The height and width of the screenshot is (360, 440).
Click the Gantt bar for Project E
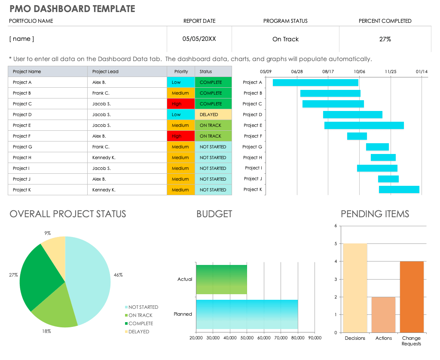(364, 126)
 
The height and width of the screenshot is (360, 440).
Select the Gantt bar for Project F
(357, 136)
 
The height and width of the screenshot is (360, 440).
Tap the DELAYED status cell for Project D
(213, 115)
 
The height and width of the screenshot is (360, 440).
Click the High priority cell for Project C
(181, 104)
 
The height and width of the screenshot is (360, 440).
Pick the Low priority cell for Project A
(181, 83)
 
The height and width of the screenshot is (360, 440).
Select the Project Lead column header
(105, 71)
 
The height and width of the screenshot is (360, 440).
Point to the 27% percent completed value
(385, 39)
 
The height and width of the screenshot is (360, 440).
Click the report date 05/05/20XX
(199, 39)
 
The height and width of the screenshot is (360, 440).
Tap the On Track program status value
(285, 39)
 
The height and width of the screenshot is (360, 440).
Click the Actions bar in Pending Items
(383, 315)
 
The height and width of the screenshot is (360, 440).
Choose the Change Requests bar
(411, 297)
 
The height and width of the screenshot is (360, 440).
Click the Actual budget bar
(221, 280)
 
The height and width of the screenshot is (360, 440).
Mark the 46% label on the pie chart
(118, 275)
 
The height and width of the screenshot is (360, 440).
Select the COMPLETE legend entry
(141, 323)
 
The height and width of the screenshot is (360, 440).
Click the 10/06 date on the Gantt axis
(359, 71)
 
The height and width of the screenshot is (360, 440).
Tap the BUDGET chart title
(214, 214)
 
